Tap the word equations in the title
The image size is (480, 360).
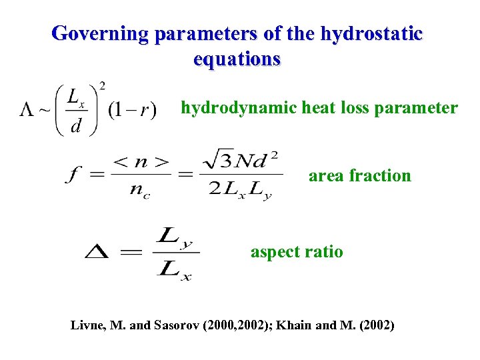coord(237,59)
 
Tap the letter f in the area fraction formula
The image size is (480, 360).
coord(71,175)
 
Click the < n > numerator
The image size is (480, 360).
coord(141,161)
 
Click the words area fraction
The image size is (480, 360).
coord(359,176)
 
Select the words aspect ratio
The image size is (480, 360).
coord(297,252)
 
